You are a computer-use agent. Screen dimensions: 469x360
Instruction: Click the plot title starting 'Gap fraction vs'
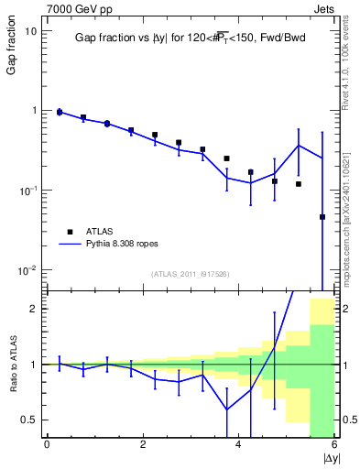point(190,38)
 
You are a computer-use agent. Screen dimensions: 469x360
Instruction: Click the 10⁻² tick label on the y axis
point(27,270)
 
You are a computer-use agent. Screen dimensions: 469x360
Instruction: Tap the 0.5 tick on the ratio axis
point(29,420)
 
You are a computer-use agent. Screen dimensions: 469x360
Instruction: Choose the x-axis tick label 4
point(238,445)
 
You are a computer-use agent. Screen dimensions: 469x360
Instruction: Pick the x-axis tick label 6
point(334,445)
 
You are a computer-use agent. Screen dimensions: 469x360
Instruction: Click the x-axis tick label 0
point(47,445)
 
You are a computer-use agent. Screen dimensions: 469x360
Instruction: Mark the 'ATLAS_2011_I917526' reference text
point(190,274)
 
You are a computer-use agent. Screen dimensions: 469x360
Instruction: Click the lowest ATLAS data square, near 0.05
point(322,217)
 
